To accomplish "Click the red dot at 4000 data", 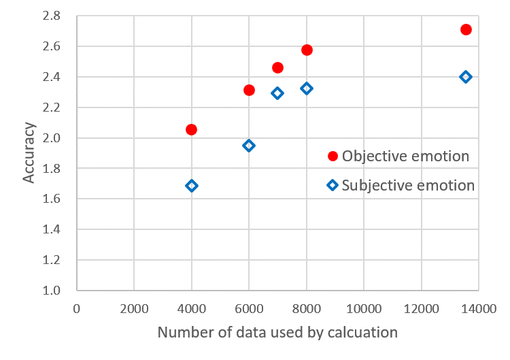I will pos(191,129).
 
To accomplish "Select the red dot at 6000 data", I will pos(249,90).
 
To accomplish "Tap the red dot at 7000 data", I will pos(277,67).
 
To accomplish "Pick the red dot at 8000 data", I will pos(307,50).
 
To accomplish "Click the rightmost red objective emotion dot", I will pos(466,29).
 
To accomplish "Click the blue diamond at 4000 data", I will pos(191,186).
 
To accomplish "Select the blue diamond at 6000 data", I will pos(249,146).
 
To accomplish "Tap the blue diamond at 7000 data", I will pos(277,93).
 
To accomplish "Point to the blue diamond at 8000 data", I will pos(307,88).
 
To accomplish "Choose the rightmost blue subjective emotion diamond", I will pos(466,77).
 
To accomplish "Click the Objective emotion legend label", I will pos(405,156).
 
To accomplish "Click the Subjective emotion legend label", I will pos(408,185).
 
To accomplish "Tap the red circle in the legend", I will pos(333,156).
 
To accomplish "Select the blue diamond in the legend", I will pos(333,185).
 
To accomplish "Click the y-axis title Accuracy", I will pos(29,152).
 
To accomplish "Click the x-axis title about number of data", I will pos(277,333).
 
